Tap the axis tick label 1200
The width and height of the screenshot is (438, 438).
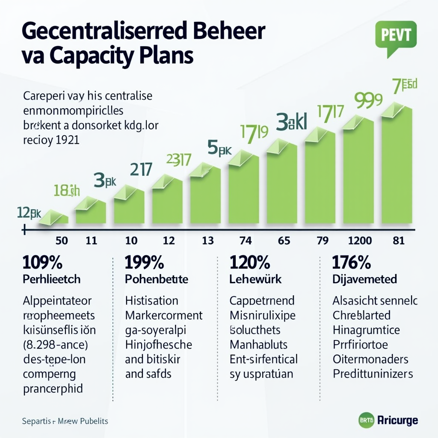(360, 240)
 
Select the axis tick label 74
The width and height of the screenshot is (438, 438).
(246, 240)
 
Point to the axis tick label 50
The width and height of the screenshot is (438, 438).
(62, 240)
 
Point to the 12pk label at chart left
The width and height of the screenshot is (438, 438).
(29, 212)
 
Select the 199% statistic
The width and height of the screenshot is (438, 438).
(144, 262)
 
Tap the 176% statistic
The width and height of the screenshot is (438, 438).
(351, 262)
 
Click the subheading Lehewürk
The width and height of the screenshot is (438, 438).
(256, 279)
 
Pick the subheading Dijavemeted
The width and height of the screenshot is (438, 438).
(365, 279)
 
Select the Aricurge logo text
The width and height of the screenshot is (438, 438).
(398, 420)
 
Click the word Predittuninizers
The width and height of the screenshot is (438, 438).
(373, 373)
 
